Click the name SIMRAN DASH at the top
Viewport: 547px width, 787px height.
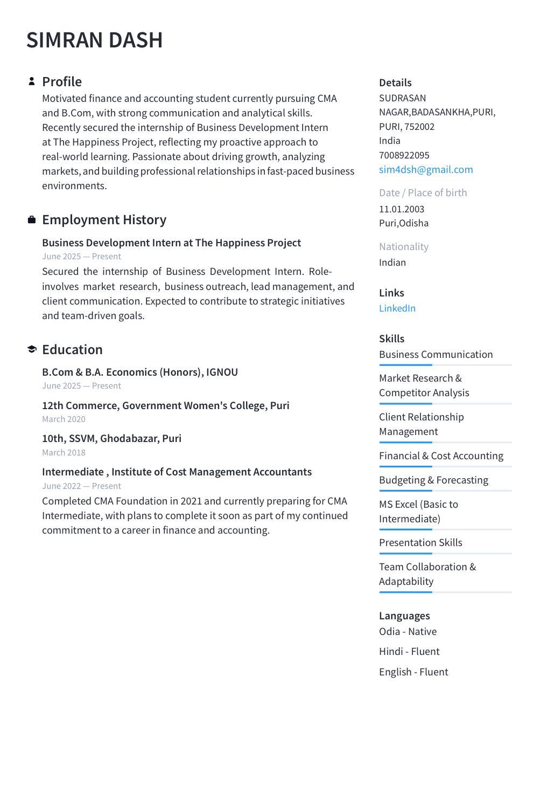coord(94,40)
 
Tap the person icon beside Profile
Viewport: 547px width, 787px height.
coord(32,81)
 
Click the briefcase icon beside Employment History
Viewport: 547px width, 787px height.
coord(32,219)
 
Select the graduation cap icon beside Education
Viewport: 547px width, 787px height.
coord(32,349)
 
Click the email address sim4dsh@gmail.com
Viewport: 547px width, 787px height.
coord(426,169)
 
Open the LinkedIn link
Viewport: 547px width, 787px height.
coord(397,308)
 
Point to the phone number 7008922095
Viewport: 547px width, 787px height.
coord(404,155)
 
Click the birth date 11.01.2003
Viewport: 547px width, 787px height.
coord(402,209)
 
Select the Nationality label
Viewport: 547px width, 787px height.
coord(404,246)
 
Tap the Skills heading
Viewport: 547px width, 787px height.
coord(391,339)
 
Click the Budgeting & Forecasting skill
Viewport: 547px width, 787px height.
coord(433,480)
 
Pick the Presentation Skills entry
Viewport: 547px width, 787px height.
coord(420,542)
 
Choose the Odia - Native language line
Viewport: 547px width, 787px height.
coord(408,631)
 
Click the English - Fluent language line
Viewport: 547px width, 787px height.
coord(413,672)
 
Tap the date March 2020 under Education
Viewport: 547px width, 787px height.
coord(64,419)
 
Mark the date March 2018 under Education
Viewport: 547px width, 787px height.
coord(64,453)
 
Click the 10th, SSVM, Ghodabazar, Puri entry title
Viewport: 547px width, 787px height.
coord(111,438)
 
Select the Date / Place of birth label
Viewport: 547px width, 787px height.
coord(423,192)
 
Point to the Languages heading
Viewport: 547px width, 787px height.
coord(404,616)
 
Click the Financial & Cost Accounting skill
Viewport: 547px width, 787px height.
coord(441,455)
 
